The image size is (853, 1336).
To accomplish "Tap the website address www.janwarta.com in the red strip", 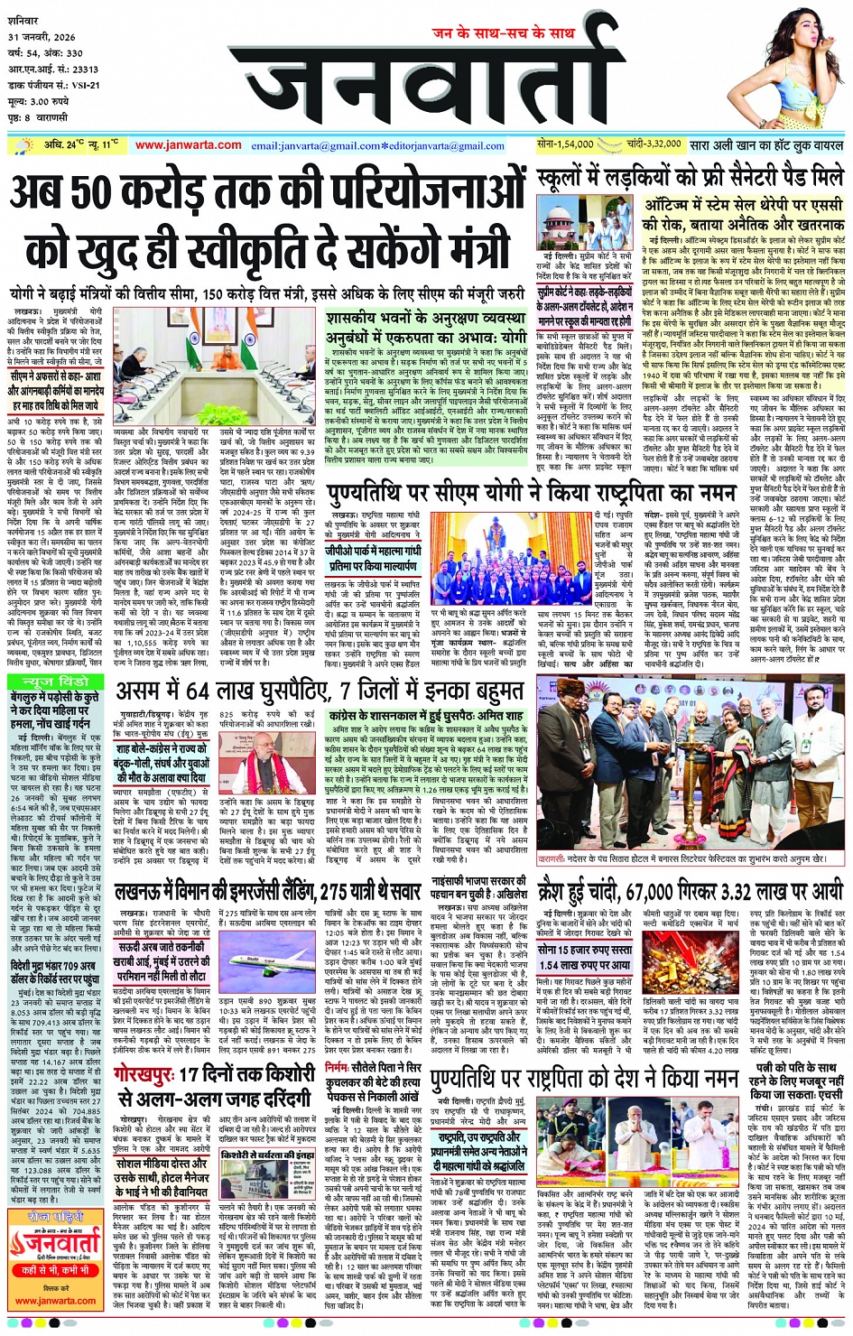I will point(188,145).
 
